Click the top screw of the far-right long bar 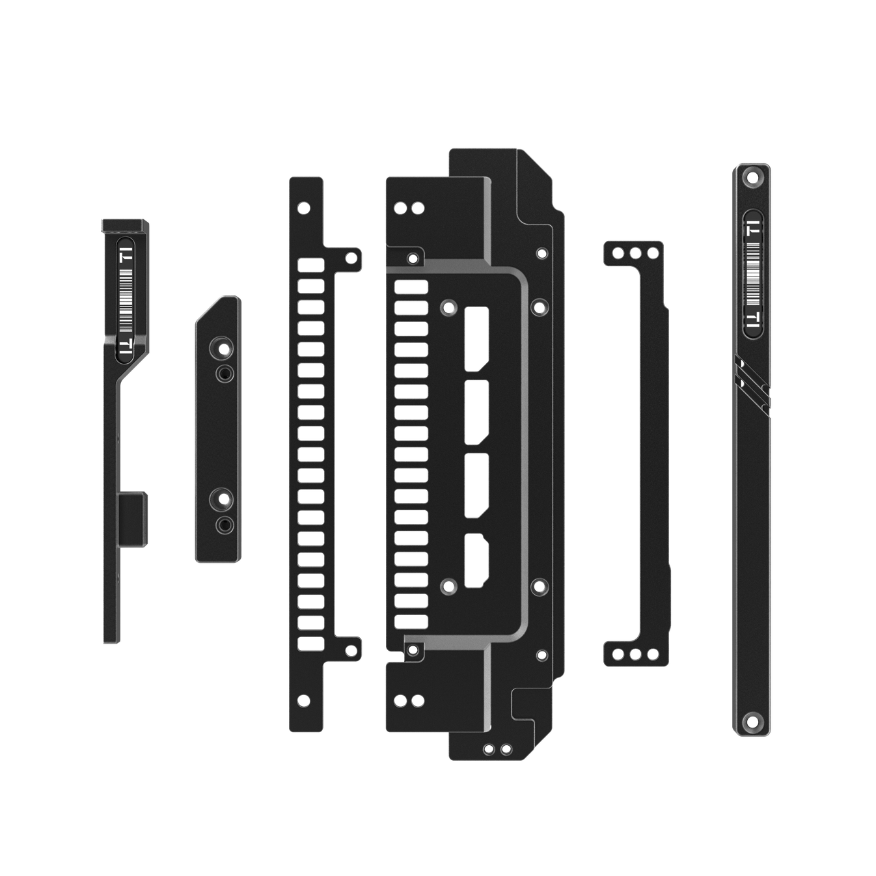[x=754, y=176]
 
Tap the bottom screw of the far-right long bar [x=752, y=721]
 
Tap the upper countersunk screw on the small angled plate [x=224, y=349]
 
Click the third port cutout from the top [x=477, y=484]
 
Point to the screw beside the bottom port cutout [x=448, y=584]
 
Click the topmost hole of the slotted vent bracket [x=303, y=208]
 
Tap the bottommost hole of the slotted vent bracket [x=303, y=700]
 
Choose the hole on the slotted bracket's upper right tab [x=351, y=257]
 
